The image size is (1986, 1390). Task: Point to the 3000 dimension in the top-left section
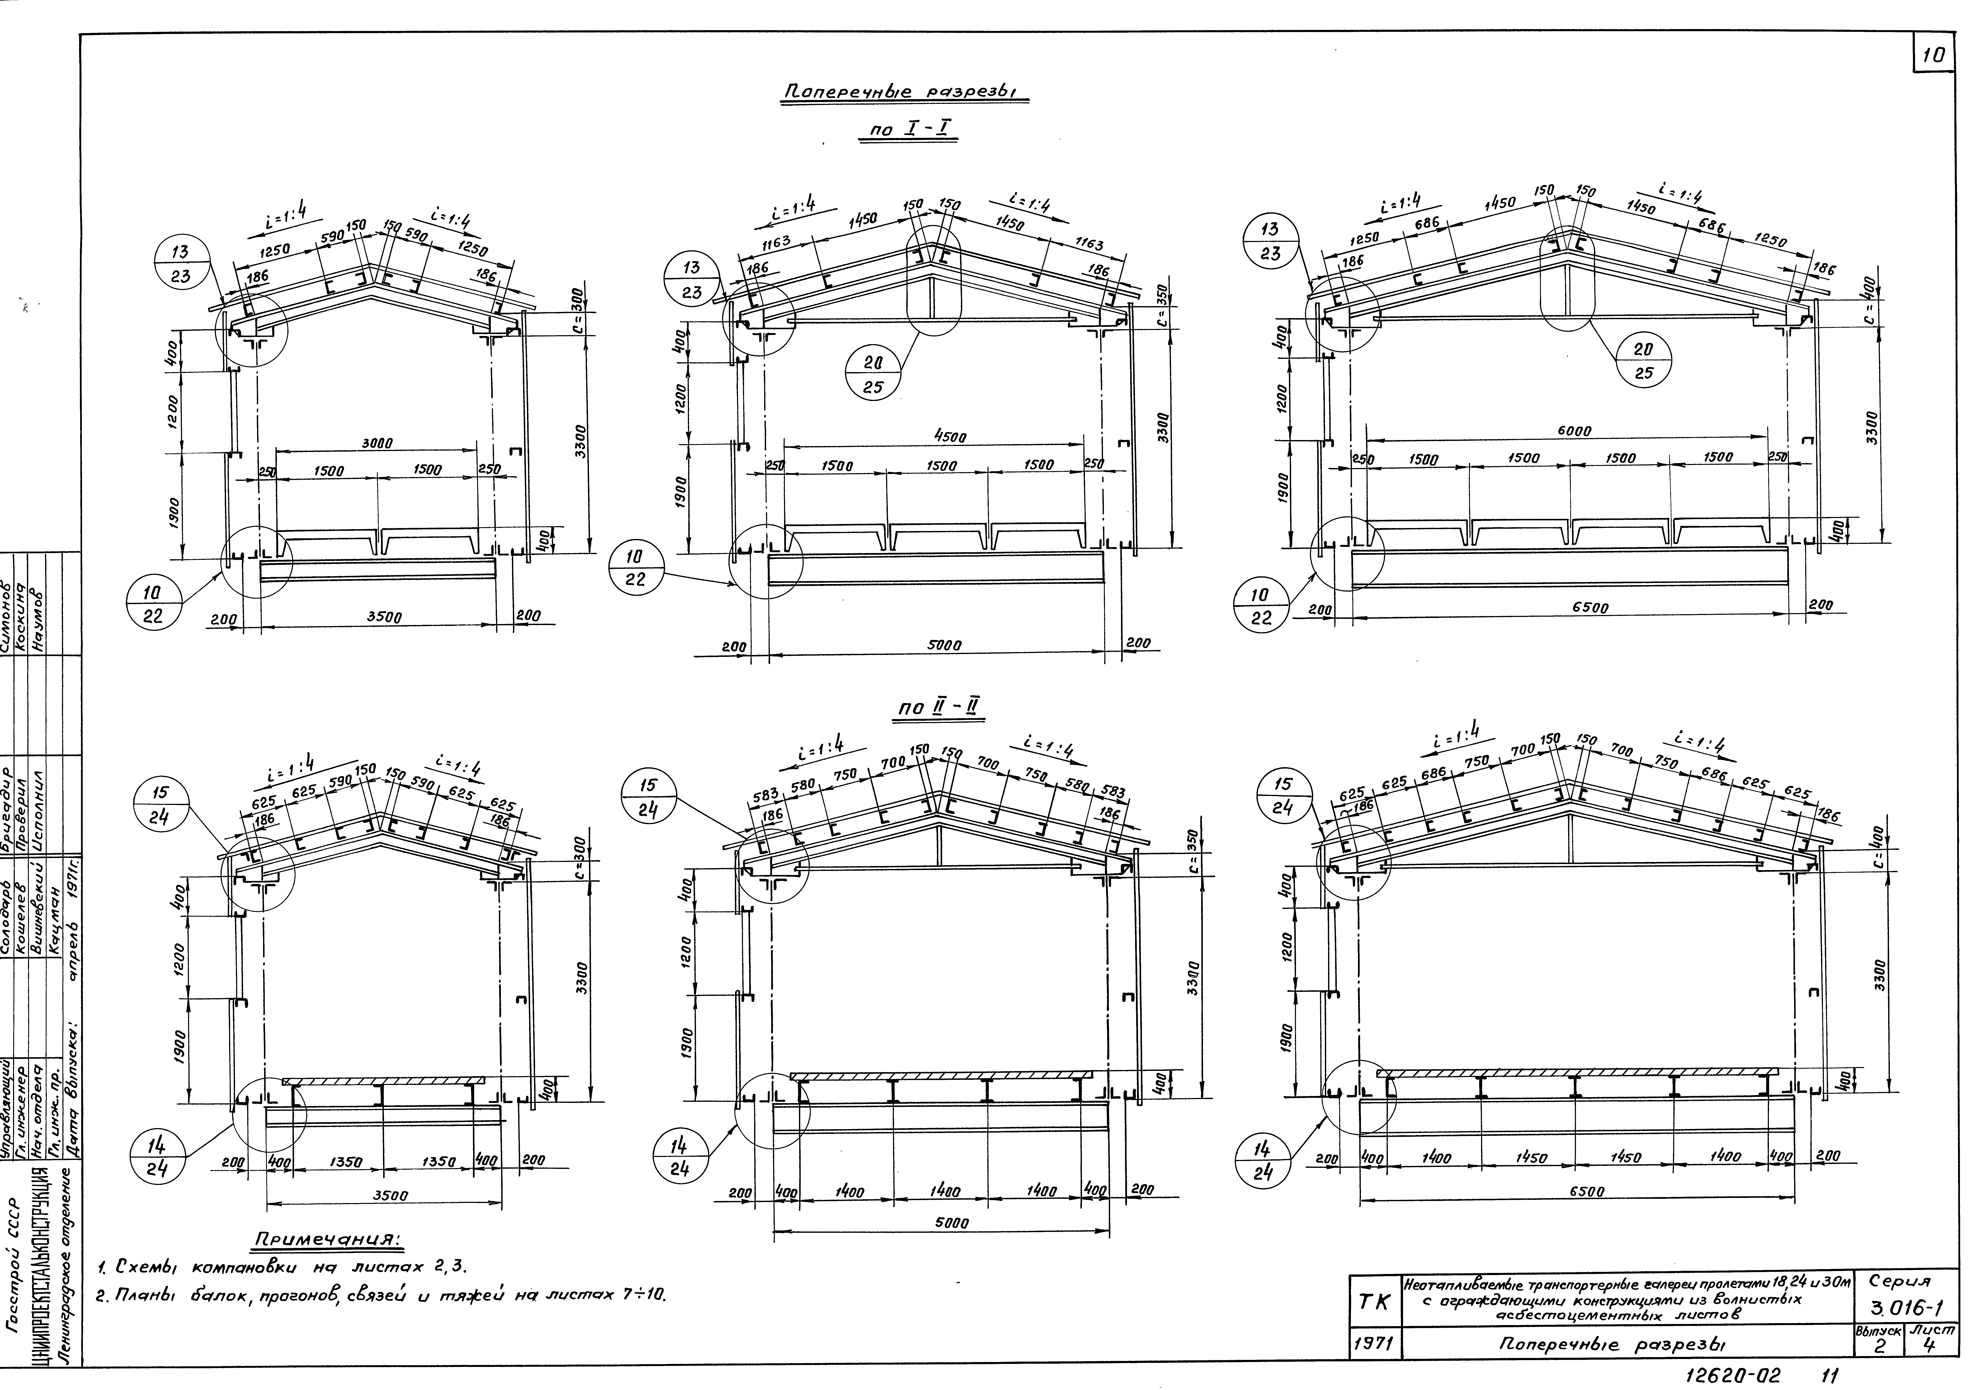point(376,443)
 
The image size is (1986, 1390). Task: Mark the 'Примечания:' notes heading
point(326,1239)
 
